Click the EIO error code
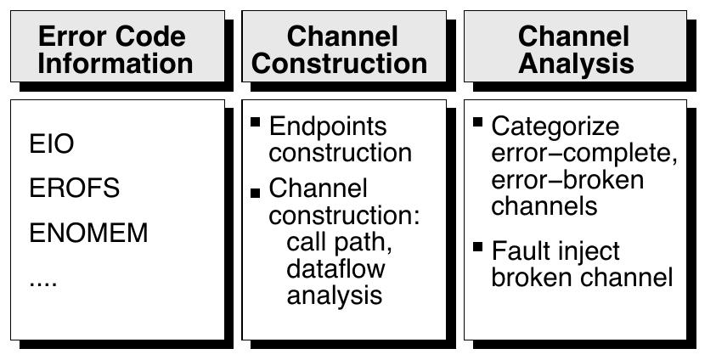pos(52,144)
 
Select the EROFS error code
pos(75,188)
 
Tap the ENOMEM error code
pos(88,233)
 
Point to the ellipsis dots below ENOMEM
pos(43,281)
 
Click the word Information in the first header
pos(115,63)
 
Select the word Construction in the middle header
pos(340,63)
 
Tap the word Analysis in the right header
pos(574,63)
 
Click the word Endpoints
pos(328,127)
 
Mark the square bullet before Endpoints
pos(255,123)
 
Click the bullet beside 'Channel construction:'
pos(255,193)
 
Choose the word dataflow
pos(335,269)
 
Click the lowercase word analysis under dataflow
pos(334,295)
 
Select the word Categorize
pos(556,127)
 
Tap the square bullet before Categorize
pos(478,123)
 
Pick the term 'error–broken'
pos(567,180)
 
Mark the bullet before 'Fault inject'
pos(478,247)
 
